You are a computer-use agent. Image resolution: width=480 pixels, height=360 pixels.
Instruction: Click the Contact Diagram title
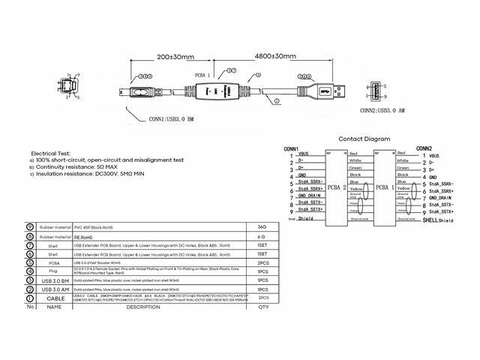[x=364, y=139]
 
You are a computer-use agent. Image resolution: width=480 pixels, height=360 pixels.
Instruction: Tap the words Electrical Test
[x=52, y=152]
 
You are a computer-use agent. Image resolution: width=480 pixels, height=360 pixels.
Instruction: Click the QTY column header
[x=262, y=307]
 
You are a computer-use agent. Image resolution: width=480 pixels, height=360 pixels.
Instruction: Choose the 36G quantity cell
[x=262, y=226]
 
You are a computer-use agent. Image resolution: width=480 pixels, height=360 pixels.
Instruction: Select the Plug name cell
[x=52, y=271]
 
